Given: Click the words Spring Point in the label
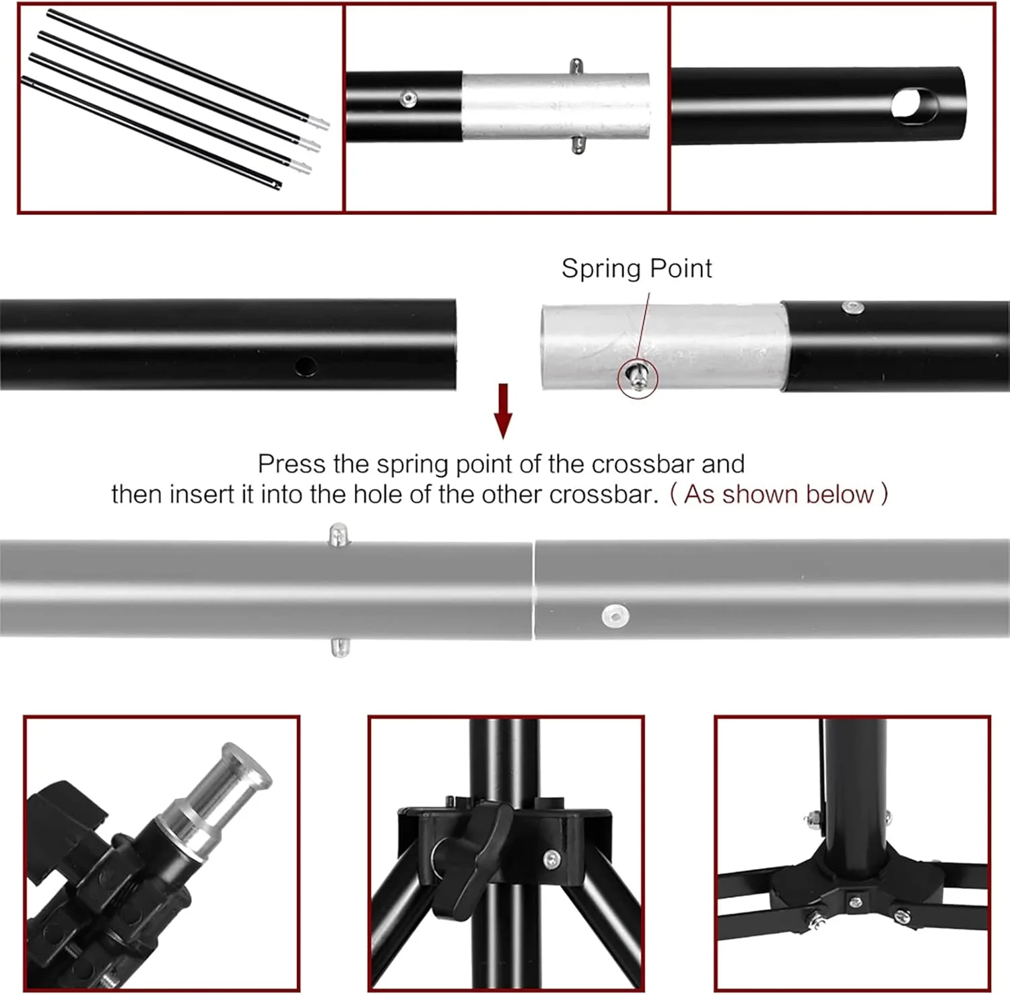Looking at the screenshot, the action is click(x=636, y=269).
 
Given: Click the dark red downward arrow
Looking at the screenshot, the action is click(x=503, y=411).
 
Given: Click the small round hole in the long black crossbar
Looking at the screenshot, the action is click(x=306, y=366).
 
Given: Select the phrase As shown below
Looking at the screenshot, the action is click(x=778, y=494).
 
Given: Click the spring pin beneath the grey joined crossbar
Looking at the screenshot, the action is click(x=340, y=647).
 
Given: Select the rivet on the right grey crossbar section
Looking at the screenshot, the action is click(x=615, y=615).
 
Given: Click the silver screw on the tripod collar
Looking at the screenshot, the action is click(x=551, y=858).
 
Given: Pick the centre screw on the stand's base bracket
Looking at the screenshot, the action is click(x=854, y=900).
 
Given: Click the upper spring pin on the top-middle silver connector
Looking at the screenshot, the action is click(x=576, y=67).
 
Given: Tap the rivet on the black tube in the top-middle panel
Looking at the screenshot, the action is click(x=407, y=100).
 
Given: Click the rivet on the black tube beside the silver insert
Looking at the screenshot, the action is click(x=853, y=308).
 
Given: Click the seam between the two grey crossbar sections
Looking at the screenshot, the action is click(x=533, y=589).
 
